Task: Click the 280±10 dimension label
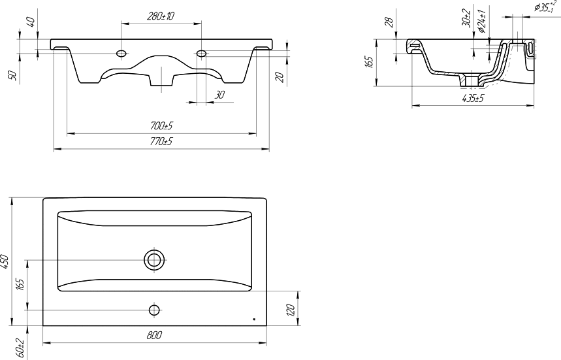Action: coord(160,16)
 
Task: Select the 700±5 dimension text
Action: coord(162,126)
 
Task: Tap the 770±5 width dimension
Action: coord(161,141)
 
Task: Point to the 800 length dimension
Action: coord(155,335)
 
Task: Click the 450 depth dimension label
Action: coord(5,261)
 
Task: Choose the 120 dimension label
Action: coord(291,309)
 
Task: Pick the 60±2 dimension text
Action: coord(20,348)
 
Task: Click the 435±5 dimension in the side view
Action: coord(472,99)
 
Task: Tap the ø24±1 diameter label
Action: coord(482,21)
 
